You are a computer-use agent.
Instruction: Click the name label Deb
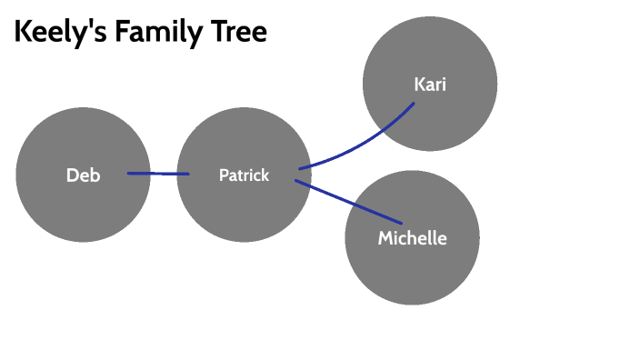[x=83, y=175]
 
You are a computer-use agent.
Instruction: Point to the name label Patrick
[x=244, y=175]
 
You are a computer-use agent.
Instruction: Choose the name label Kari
[x=430, y=85]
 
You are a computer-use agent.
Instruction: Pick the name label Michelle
[x=413, y=238]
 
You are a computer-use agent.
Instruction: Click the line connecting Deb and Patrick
[x=158, y=174]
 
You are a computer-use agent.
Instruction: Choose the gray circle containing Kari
[x=430, y=50]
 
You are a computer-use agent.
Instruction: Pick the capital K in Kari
[x=419, y=85]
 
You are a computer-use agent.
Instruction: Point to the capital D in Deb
[x=72, y=175]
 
